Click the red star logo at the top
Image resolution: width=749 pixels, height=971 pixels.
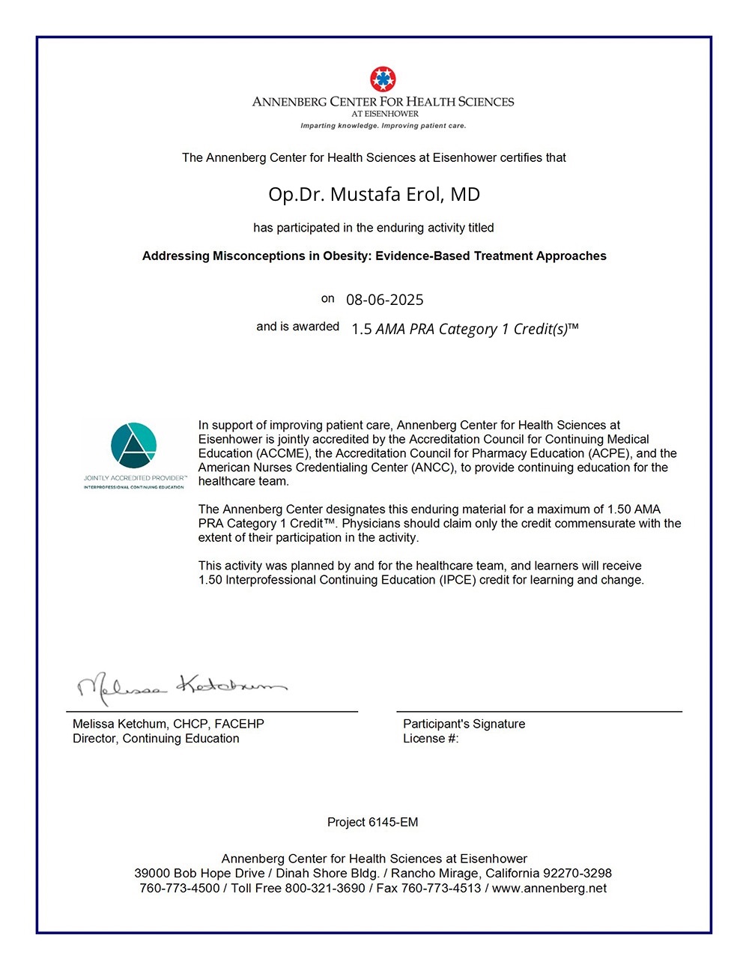click(383, 79)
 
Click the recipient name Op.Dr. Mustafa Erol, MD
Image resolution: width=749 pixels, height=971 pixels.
click(374, 195)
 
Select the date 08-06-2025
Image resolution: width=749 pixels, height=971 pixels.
click(384, 300)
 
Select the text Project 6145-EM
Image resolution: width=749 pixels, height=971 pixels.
click(372, 822)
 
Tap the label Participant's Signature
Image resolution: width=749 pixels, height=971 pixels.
click(464, 724)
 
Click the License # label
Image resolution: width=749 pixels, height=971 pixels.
click(430, 739)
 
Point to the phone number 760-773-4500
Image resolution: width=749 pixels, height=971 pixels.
click(179, 889)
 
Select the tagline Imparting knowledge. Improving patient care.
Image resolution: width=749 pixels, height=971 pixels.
click(383, 126)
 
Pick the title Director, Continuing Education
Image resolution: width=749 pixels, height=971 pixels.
click(156, 739)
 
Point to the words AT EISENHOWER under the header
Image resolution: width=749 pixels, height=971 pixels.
click(385, 114)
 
